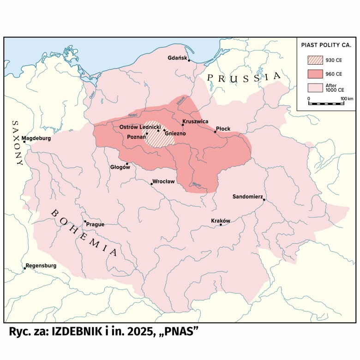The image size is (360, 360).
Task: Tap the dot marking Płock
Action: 215,132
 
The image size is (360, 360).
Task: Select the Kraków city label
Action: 220,220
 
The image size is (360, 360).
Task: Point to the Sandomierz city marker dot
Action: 264,199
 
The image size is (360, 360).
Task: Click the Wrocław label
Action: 164,181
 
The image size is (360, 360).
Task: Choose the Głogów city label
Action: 120,168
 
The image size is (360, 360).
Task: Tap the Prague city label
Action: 95,225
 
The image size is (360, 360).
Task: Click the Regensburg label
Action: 41,265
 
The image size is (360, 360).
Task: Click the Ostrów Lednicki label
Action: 139,126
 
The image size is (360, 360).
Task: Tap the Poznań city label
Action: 136,137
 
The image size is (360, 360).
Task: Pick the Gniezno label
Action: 175,133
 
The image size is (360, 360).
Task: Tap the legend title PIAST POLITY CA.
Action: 326,46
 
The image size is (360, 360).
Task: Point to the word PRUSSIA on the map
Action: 243,78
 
